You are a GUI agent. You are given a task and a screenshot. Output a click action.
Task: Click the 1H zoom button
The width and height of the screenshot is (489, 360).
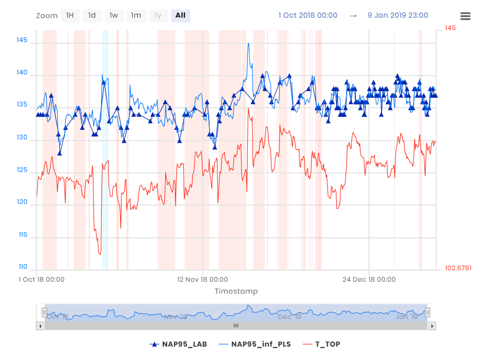pos(70,16)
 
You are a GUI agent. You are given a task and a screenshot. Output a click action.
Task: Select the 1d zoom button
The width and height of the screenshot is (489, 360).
pos(92,16)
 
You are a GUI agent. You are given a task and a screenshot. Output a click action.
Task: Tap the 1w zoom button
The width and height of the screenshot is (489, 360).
pos(114,16)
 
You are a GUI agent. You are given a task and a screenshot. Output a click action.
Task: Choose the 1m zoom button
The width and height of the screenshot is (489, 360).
pos(136,16)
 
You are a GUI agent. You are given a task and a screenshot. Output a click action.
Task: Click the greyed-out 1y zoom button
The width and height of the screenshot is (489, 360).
pos(158,16)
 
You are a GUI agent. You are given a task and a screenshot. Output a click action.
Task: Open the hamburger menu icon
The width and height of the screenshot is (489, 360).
pos(465,16)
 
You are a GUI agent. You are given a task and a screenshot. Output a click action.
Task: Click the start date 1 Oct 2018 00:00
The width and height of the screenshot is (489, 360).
pos(308,15)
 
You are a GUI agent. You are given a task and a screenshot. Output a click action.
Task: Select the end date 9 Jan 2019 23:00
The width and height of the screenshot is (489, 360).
pos(398,15)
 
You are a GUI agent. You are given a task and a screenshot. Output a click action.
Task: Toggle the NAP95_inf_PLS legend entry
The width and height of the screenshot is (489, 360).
pos(254,344)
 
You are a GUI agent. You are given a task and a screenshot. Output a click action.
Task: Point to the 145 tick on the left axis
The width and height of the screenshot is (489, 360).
pos(22,40)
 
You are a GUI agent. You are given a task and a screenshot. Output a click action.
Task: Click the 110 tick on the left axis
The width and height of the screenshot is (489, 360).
pos(22,267)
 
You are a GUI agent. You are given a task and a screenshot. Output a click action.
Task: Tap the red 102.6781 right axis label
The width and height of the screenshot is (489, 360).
pos(458,268)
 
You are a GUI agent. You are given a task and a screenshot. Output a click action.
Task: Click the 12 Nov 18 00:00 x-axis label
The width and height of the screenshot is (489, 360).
pos(202,279)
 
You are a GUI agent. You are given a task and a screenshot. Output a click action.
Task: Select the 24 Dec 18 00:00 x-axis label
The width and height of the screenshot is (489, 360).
pos(369,279)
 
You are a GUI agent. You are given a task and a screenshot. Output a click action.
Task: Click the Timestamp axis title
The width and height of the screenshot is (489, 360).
pos(236,291)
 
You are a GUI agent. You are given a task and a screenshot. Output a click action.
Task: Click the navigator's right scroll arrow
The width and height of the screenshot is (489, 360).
pos(432,326)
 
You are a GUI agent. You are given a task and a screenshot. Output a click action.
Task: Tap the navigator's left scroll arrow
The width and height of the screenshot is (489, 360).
pos(40,326)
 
